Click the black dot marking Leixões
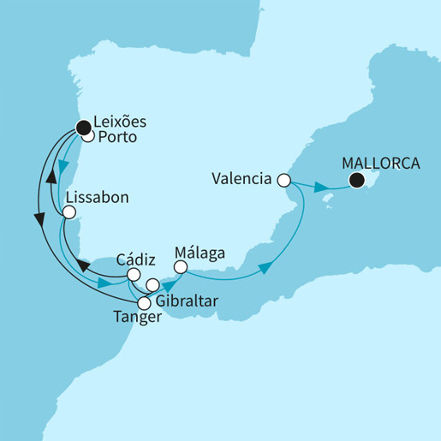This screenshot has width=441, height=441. point(83,129)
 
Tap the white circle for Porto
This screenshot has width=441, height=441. point(87,136)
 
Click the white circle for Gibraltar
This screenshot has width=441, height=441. point(152,285)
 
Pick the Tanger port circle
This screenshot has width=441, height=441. point(144,302)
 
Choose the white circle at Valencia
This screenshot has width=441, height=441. point(284,181)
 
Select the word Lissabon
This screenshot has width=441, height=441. point(97,196)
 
